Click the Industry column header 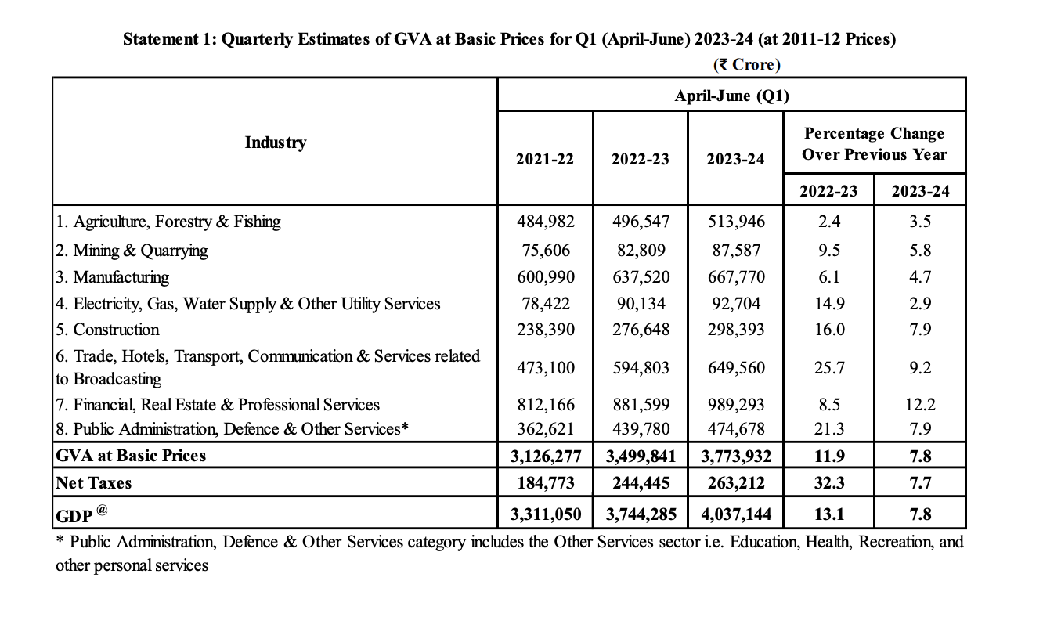275,143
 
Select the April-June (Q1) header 731,96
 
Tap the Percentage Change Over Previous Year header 874,143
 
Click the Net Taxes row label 94,483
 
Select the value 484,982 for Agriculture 545,221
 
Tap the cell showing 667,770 736,277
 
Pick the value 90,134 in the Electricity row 641,304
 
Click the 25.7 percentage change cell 828,368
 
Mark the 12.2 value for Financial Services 920,404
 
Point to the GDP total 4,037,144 736,514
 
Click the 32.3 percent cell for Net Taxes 828,483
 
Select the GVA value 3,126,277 545,456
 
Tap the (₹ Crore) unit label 746,64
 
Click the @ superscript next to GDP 102,510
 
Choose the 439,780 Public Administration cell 641,429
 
